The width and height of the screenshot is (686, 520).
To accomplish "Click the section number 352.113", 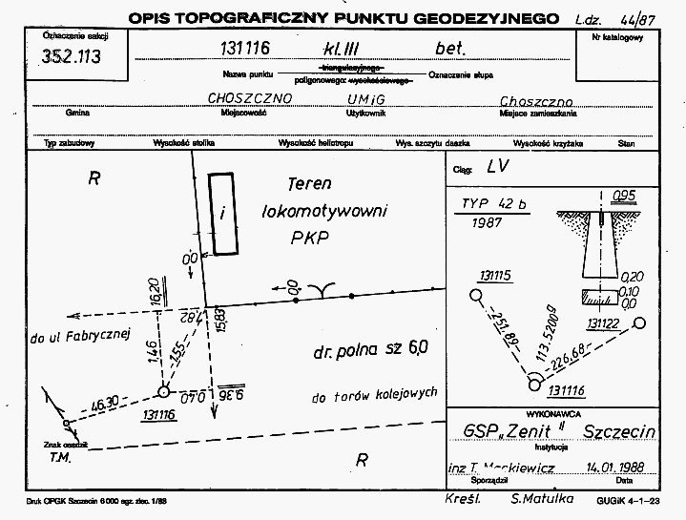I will (72, 56).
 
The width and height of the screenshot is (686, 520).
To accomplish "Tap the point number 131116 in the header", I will (251, 50).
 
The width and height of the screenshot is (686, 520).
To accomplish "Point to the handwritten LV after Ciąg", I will (494, 166).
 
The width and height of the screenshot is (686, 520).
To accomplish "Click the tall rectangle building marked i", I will (222, 214).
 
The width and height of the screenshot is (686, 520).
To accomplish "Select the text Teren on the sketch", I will (309, 184).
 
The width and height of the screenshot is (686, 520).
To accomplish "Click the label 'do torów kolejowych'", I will (373, 393).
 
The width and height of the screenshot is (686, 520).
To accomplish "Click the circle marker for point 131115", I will (476, 296).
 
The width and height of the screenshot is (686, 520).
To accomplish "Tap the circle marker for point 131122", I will (638, 323).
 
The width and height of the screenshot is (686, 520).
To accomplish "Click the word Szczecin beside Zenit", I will (621, 430).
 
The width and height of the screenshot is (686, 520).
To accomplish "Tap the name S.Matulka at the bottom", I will (542, 500).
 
